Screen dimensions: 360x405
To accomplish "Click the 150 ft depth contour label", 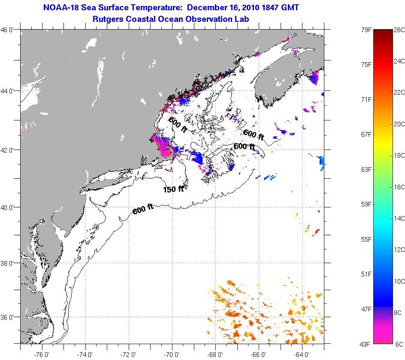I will click(x=173, y=189).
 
